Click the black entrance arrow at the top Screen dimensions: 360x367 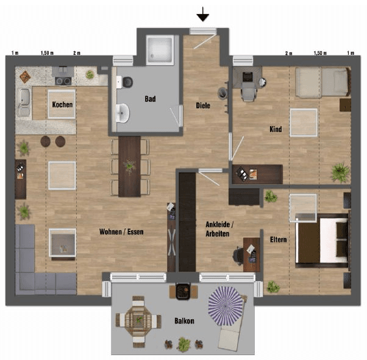pyautogui.click(x=202, y=14)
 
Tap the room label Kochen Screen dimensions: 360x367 pyautogui.click(x=62, y=105)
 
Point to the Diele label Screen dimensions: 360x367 pyautogui.click(x=203, y=105)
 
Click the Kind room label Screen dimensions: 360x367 pyautogui.click(x=276, y=129)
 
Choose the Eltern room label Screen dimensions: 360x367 pyautogui.click(x=278, y=239)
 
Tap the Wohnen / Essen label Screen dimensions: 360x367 pyautogui.click(x=122, y=231)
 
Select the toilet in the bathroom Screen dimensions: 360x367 pyautogui.click(x=126, y=82)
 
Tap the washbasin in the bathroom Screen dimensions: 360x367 pyautogui.click(x=123, y=113)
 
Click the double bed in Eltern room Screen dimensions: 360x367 pyautogui.click(x=321, y=239)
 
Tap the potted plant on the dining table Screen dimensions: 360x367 pyautogui.click(x=129, y=164)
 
